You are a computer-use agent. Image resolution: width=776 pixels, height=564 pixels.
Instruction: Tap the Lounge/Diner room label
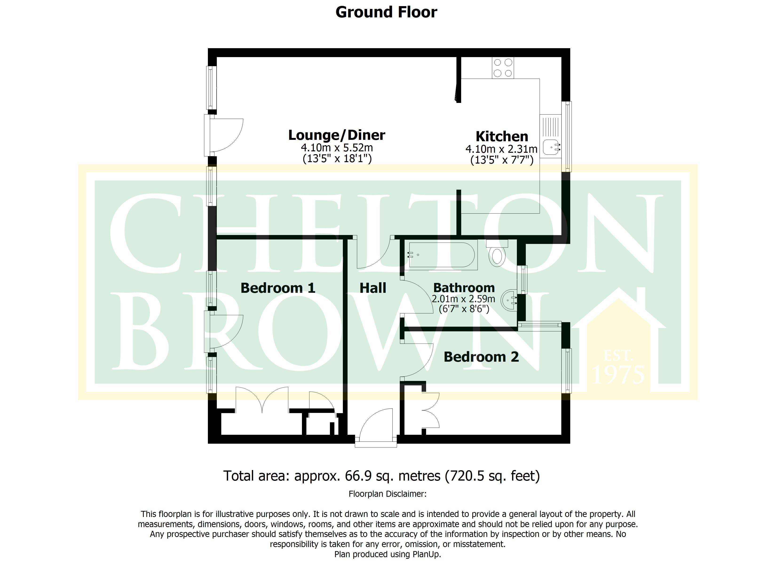click(x=337, y=135)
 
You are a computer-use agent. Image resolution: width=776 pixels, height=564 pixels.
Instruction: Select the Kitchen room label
click(x=502, y=137)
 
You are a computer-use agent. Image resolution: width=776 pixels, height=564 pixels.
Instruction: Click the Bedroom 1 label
click(x=278, y=288)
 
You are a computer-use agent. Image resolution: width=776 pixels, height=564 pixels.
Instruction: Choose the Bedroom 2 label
click(x=481, y=357)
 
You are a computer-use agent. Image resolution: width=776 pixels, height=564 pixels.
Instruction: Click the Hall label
click(x=373, y=288)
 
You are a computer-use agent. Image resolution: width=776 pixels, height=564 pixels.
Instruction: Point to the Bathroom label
click(x=464, y=288)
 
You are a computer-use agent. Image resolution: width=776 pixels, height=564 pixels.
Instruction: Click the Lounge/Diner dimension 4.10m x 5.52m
click(x=337, y=148)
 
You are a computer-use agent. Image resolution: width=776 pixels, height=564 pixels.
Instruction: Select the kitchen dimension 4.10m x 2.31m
click(x=501, y=149)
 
